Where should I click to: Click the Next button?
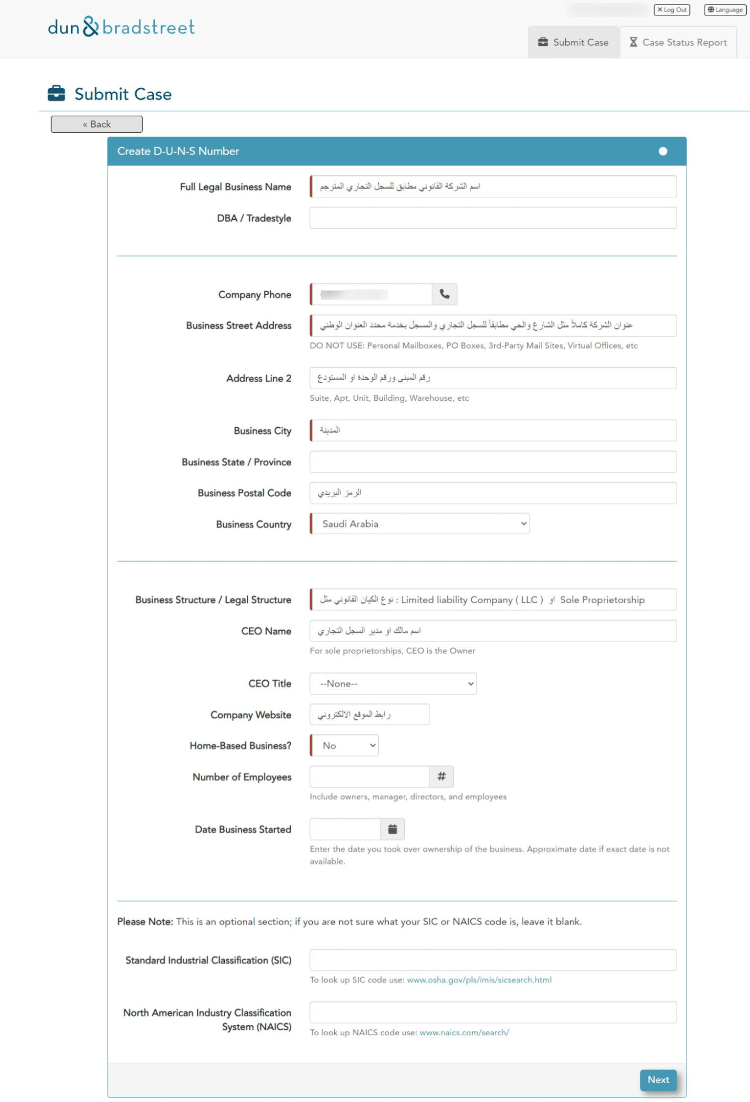(x=658, y=1079)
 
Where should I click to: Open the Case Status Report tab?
(x=678, y=42)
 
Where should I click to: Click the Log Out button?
(x=672, y=10)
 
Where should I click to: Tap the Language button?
(x=725, y=10)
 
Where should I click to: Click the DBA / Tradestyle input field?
(x=492, y=218)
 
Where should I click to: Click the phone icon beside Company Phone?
(x=444, y=294)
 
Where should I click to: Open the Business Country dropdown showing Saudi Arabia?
(x=420, y=524)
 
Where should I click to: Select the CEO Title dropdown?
(x=393, y=684)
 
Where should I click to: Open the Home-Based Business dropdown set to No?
(x=345, y=745)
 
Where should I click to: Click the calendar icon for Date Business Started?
(x=393, y=829)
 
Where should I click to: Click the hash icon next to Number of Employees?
(x=442, y=777)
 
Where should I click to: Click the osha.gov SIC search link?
(x=479, y=980)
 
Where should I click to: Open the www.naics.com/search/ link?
(x=464, y=1033)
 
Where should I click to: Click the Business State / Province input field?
(x=492, y=462)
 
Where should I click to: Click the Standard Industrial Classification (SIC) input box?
(x=492, y=960)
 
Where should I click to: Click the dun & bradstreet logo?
(x=121, y=27)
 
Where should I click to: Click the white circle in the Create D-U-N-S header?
(x=663, y=151)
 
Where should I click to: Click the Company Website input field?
(x=369, y=714)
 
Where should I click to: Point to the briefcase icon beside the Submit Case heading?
(x=56, y=94)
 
